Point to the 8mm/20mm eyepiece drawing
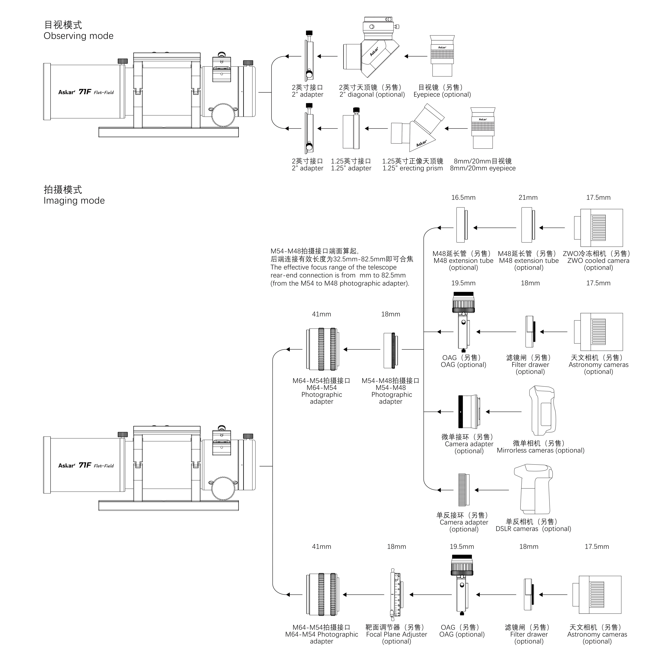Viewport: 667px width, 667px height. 483,128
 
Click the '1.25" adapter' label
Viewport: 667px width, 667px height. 351,168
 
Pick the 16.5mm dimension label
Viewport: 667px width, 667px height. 463,197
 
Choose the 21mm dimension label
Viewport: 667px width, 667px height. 528,197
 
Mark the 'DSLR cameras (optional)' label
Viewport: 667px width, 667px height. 533,529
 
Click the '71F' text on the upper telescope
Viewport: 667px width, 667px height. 85,92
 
